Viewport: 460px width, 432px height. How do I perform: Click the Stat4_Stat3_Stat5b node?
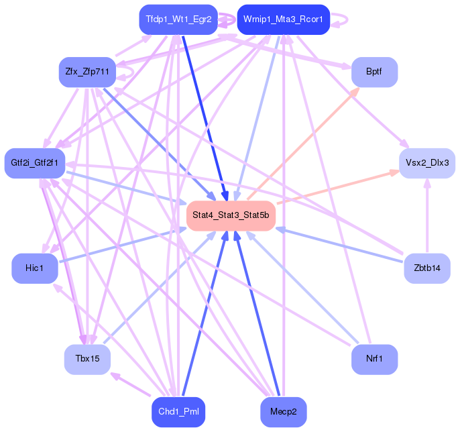coord(231,215)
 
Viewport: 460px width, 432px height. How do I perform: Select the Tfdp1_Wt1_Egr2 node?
coord(178,19)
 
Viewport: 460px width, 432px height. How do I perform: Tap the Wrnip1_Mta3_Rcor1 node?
coord(283,19)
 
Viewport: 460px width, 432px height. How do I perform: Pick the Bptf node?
coord(374,72)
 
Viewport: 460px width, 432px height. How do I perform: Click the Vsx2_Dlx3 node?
coord(427,163)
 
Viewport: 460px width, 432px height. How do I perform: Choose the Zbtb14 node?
coord(427,268)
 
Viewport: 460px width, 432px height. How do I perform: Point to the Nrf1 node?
coord(374,360)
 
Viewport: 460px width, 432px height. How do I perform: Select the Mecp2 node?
coord(283,411)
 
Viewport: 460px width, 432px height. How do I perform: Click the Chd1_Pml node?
coord(178,411)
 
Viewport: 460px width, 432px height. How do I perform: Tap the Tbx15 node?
coord(87,360)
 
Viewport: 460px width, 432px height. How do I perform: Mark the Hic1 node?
coord(34,268)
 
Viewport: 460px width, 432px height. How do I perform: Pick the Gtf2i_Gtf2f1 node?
coord(34,163)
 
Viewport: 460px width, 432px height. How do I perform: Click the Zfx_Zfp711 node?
coord(87,72)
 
